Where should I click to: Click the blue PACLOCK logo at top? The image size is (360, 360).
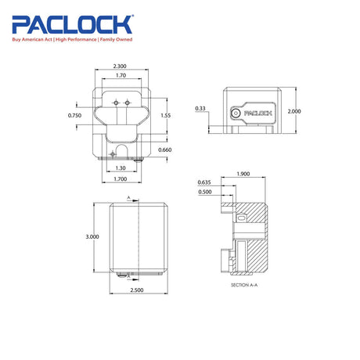coord(72,24)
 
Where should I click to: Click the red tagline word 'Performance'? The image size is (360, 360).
coord(82,40)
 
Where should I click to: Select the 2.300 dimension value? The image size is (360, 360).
coord(120,67)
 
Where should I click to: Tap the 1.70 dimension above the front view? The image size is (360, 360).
coord(121,75)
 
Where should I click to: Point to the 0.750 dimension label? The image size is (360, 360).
coord(74,115)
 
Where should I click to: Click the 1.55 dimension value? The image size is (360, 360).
coord(166,115)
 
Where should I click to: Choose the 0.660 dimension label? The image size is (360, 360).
coord(165,149)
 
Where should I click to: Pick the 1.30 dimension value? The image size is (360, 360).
coord(121,168)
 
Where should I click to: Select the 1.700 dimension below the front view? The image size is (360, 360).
coord(121,179)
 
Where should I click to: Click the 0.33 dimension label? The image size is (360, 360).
coord(200,108)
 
